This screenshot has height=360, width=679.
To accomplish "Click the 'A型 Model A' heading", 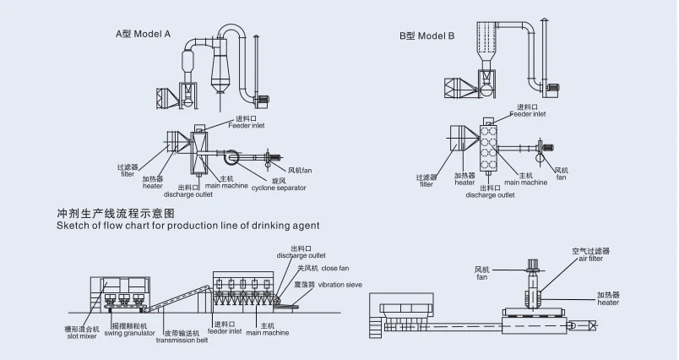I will point(143,35).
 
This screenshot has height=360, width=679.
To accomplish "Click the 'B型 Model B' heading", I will point(426,35).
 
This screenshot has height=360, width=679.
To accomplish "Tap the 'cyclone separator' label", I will point(279,188).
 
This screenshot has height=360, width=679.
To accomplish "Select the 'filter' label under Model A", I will point(126,175).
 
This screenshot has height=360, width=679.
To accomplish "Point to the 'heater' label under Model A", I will point(152,186).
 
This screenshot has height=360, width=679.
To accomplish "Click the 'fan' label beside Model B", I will point(561,178).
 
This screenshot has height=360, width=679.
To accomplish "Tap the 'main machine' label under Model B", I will point(526,182).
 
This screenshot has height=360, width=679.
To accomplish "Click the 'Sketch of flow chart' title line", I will point(187,226).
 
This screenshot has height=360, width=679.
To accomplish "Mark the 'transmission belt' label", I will point(182,340).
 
